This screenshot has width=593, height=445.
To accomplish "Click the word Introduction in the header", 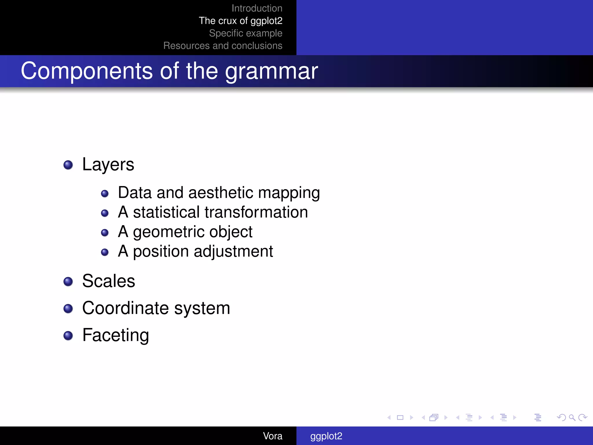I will (257, 8).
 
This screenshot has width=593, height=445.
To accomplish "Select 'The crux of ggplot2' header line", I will (240, 21).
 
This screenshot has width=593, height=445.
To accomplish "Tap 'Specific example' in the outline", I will (246, 33).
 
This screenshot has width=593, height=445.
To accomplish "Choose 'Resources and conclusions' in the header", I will (223, 46).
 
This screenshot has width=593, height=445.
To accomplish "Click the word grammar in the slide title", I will (271, 72).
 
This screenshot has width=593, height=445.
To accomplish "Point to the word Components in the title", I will (87, 72).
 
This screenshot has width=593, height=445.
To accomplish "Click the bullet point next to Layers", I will (68, 165).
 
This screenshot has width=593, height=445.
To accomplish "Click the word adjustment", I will (233, 251).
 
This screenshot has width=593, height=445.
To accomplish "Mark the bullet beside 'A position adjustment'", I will (105, 252).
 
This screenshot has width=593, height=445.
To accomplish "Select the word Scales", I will (109, 281).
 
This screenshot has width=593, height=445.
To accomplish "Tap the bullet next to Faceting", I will (68, 335).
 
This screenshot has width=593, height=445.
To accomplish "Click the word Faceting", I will (116, 335).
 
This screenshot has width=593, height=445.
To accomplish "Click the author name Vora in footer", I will (272, 436).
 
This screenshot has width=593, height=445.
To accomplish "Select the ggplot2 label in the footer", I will (326, 436).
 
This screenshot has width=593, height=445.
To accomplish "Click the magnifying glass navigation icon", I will (572, 417).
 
